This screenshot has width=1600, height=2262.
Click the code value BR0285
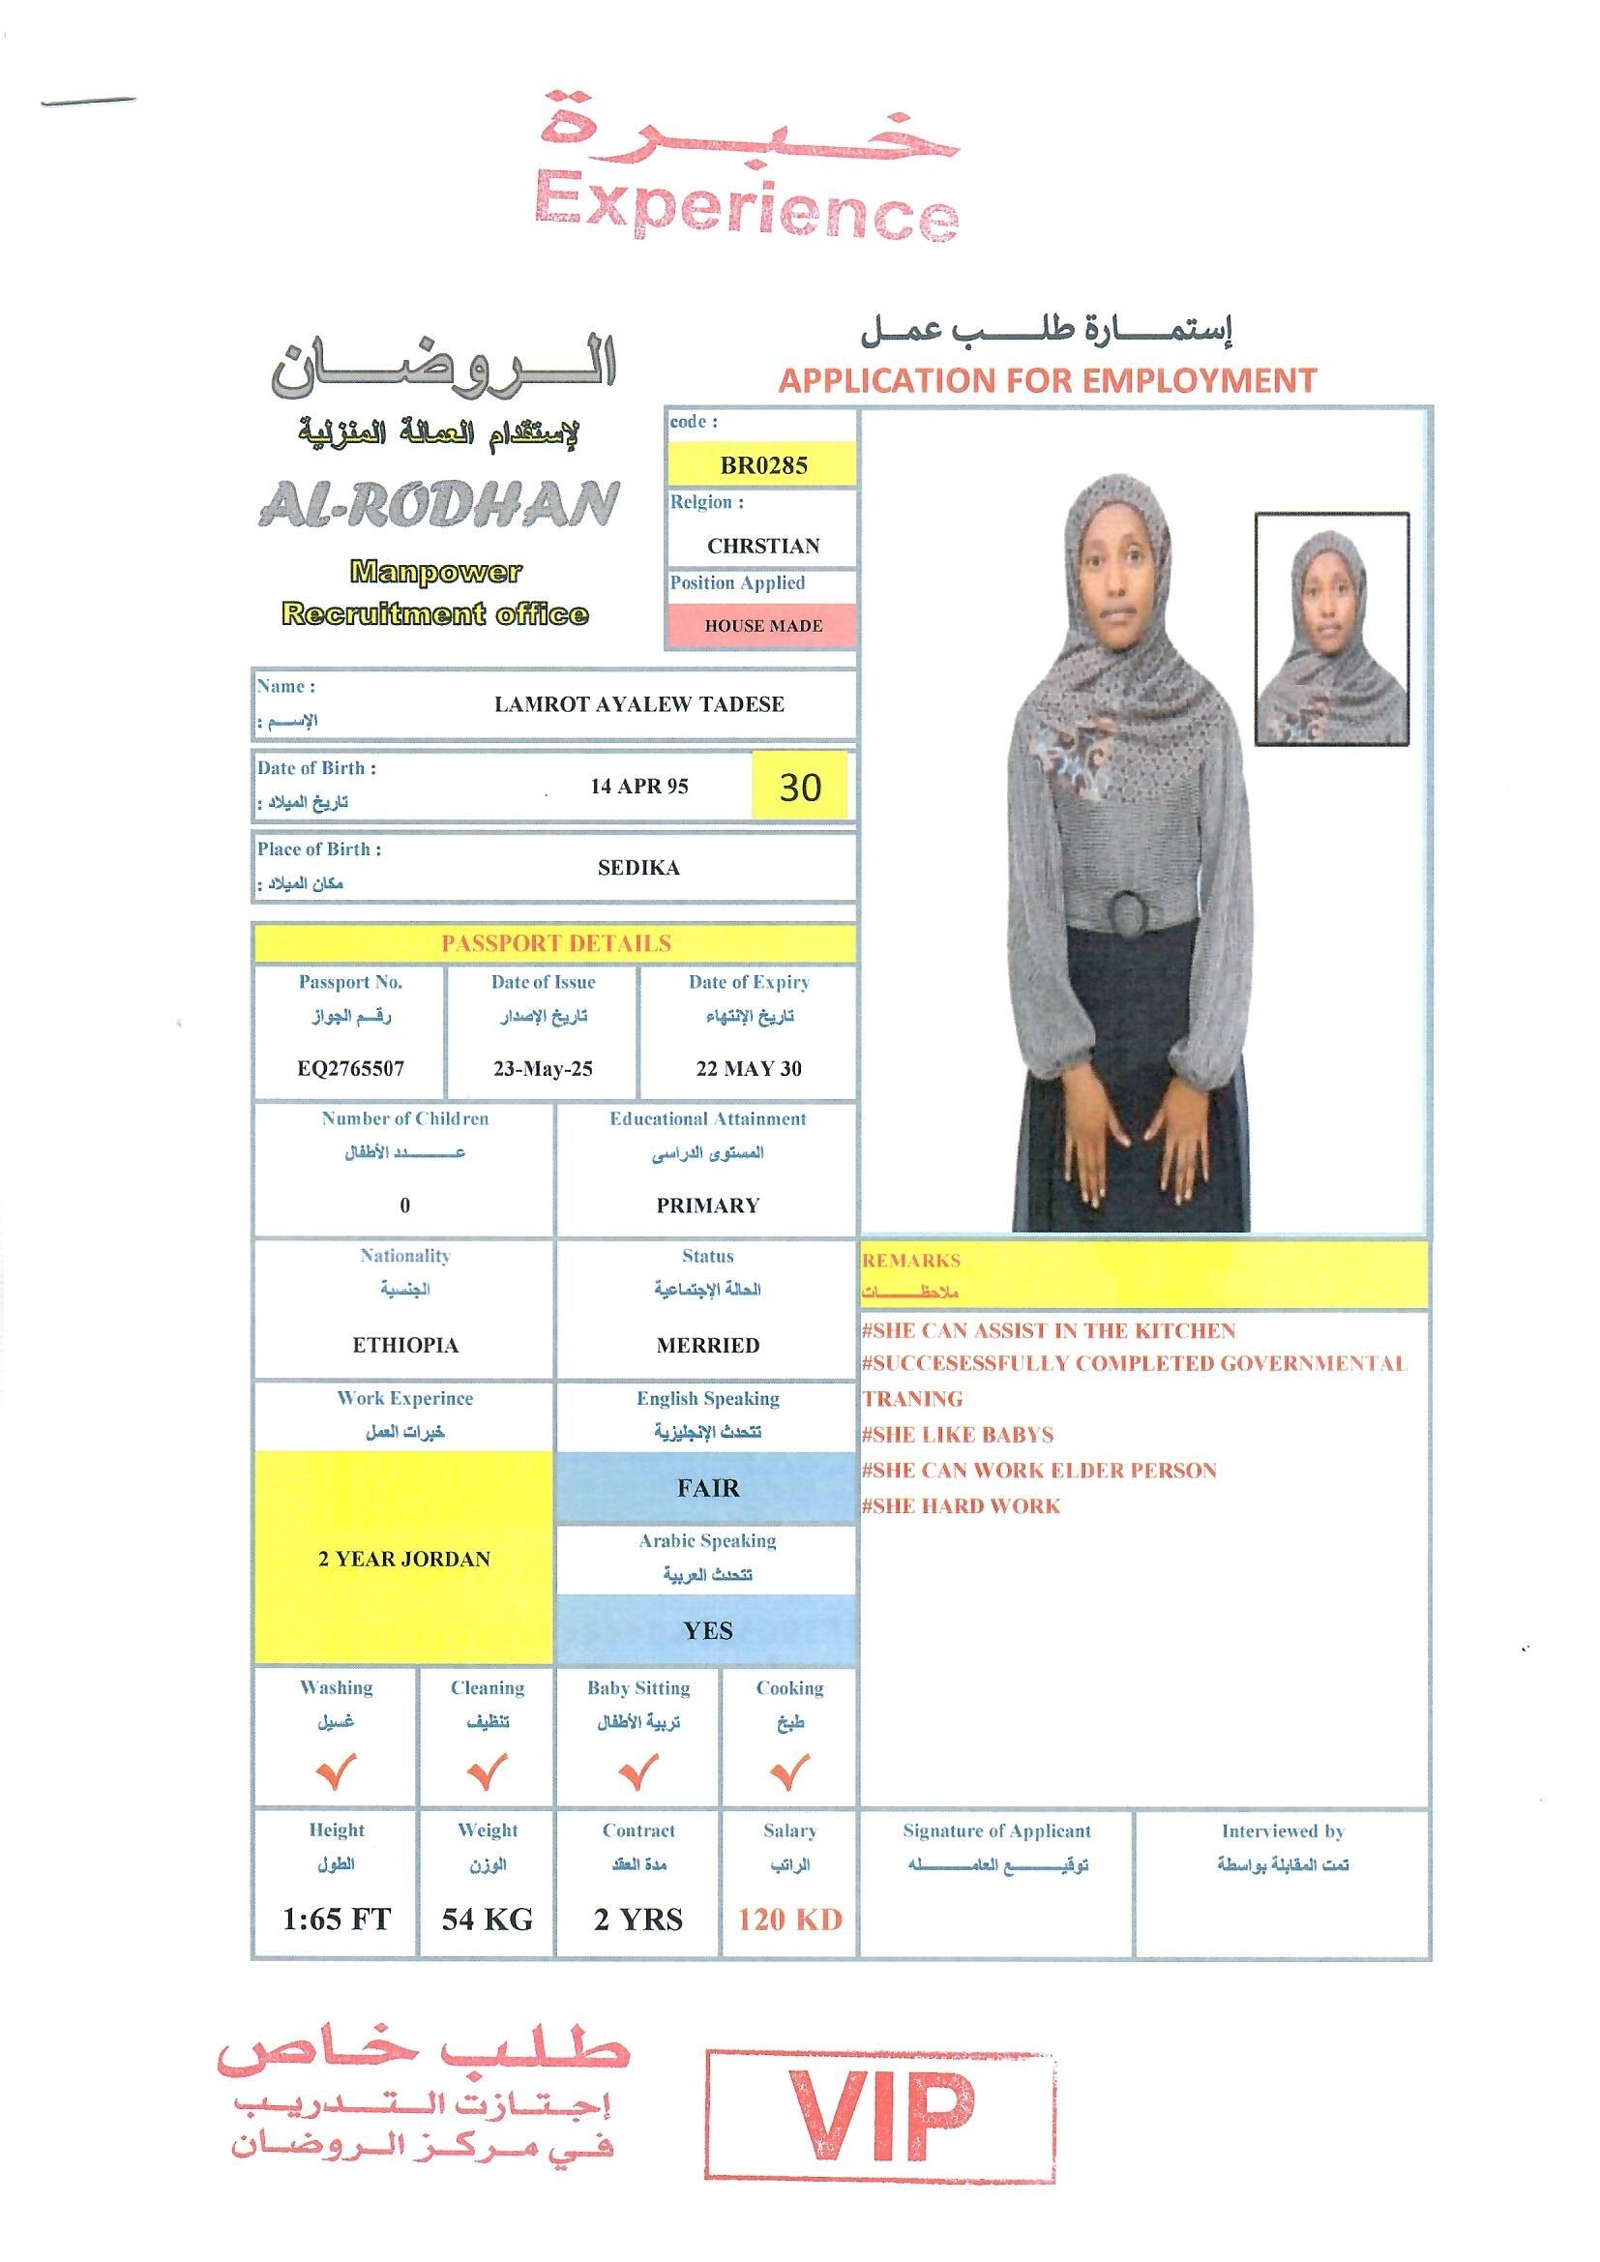click(x=762, y=466)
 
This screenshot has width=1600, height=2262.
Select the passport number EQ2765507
click(x=351, y=1069)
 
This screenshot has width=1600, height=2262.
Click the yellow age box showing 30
click(x=799, y=787)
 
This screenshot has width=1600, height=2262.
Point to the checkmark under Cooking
click(x=789, y=1772)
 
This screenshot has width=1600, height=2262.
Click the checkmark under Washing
click(x=336, y=1772)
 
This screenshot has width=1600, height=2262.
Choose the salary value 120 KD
click(x=789, y=1920)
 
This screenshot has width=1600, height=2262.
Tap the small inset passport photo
click(x=1331, y=629)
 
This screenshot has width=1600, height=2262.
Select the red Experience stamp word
click(x=746, y=207)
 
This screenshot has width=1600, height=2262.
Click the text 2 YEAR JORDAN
click(x=404, y=1559)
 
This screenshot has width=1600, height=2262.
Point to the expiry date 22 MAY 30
click(x=749, y=1069)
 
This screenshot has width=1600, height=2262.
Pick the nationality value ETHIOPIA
click(x=405, y=1345)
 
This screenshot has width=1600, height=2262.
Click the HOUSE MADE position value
click(x=762, y=626)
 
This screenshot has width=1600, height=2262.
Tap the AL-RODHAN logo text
click(x=439, y=504)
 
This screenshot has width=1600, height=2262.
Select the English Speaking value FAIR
click(x=707, y=1488)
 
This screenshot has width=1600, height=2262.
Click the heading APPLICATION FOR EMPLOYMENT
click(x=1048, y=380)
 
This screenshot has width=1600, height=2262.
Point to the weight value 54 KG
click(x=487, y=1920)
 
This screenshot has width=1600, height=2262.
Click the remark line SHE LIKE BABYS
click(x=958, y=1435)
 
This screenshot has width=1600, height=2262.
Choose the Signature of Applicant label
click(x=996, y=1831)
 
